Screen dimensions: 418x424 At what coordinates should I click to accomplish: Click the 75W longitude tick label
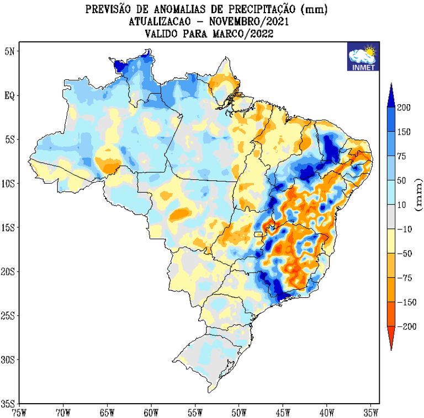pyautogui.click(x=19, y=412)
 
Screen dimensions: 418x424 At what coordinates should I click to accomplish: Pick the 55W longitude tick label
pyautogui.click(x=195, y=412)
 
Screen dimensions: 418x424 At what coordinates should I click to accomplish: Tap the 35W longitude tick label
pyautogui.click(x=370, y=412)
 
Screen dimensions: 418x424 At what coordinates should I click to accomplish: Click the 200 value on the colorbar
pyautogui.click(x=404, y=108)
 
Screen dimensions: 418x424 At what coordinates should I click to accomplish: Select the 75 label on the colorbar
pyautogui.click(x=402, y=157)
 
